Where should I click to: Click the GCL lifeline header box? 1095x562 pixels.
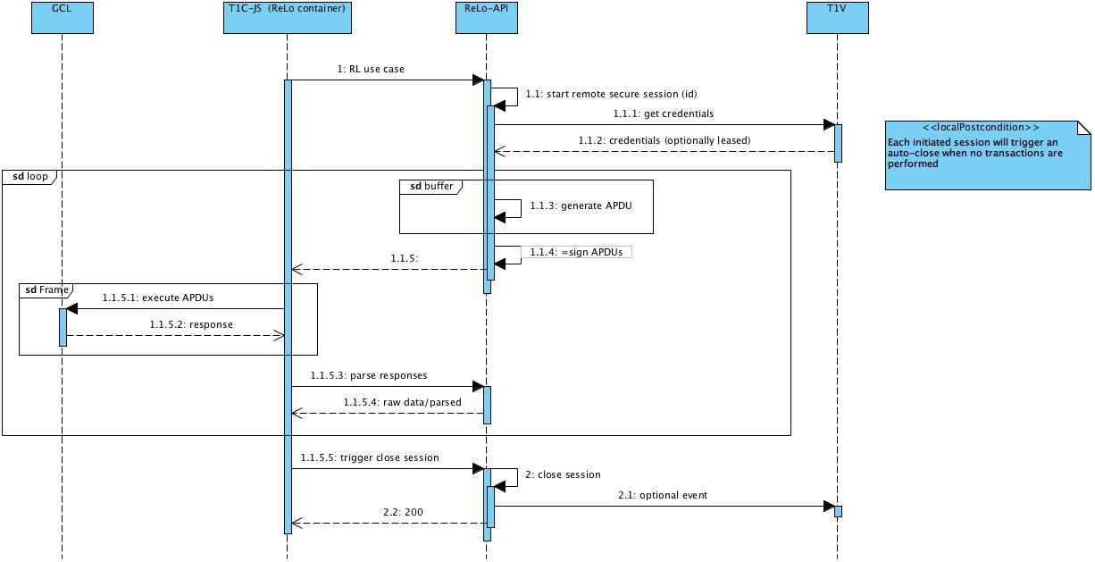62,18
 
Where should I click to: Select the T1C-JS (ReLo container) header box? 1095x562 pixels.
287,18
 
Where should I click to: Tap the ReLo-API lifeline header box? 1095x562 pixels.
486,18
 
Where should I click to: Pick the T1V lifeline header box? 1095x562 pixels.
837,18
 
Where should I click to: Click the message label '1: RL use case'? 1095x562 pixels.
371,69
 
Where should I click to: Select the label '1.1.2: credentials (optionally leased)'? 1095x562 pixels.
664,140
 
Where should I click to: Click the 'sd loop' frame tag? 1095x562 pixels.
30,177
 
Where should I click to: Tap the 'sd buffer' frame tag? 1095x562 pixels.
431,187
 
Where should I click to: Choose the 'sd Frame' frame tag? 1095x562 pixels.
46,290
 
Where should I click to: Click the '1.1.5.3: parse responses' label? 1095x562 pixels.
368,375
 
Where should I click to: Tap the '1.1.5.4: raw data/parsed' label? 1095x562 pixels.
402,402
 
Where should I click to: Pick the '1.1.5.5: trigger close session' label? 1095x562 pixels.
370,457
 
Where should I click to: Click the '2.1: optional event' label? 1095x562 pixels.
662,495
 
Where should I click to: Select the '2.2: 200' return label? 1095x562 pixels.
403,512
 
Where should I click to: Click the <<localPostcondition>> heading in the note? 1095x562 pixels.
981,128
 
